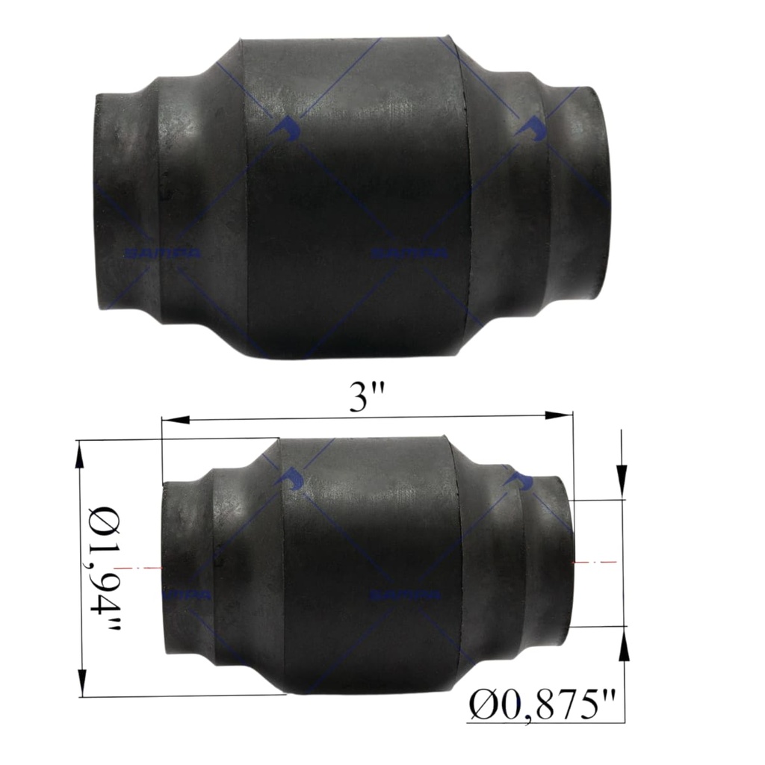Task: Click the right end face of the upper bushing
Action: point(595,193)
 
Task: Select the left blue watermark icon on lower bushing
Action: point(291,479)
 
